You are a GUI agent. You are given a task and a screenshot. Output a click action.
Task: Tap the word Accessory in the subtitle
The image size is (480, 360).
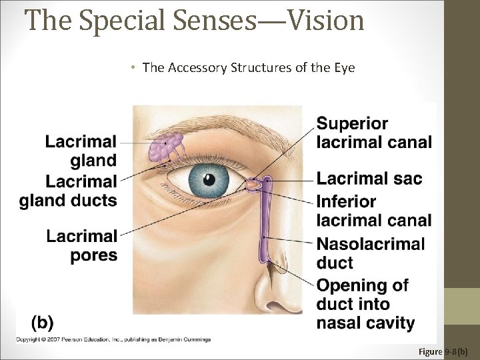click(195, 67)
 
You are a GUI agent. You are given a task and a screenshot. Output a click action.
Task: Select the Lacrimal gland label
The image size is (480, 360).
click(81, 151)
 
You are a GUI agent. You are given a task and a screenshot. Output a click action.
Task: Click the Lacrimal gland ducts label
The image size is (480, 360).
click(68, 191)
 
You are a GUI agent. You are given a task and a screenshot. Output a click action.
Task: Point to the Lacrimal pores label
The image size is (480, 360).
click(82, 245)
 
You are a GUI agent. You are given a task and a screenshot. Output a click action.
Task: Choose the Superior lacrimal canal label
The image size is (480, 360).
click(373, 133)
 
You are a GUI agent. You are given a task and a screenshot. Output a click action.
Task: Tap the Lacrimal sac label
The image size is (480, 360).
click(369, 179)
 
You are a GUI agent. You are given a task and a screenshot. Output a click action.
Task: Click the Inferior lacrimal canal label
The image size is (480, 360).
click(373, 211)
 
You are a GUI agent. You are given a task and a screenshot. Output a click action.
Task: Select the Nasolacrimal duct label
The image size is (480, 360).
click(370, 253)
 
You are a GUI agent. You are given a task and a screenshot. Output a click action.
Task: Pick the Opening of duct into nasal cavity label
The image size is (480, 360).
click(365, 304)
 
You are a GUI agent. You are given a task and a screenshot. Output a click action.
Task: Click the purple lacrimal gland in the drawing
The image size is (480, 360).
click(165, 147)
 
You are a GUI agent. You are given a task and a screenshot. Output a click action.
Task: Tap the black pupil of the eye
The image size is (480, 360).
click(207, 178)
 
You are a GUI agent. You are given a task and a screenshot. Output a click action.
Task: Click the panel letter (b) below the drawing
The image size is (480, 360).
click(42, 322)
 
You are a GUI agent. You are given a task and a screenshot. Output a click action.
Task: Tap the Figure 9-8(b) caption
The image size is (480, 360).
click(443, 351)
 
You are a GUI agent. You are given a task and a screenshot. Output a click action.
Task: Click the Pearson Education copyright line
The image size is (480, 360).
click(113, 339)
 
